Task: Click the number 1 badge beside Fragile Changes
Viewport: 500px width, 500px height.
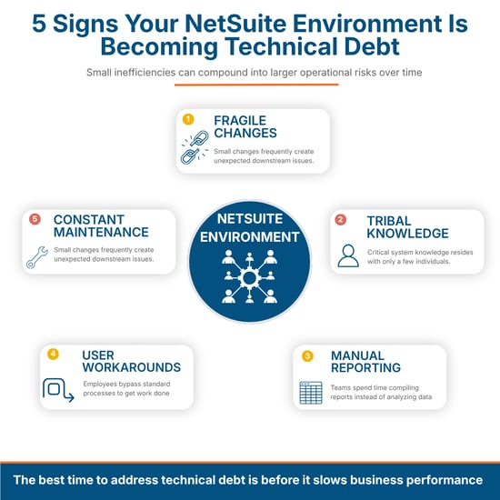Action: [188, 119]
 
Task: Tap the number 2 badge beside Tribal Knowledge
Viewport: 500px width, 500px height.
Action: [340, 219]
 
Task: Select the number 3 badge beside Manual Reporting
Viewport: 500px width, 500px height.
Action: [307, 355]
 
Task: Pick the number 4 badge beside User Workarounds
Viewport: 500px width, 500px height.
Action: [53, 354]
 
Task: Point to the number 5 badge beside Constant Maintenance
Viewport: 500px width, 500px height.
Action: [35, 219]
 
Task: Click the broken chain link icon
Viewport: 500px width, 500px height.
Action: [195, 147]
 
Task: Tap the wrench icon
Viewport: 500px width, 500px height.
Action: [37, 257]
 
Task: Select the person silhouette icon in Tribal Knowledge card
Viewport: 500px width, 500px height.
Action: [348, 255]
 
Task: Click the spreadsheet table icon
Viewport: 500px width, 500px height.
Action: [311, 393]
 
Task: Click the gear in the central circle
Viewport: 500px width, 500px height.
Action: [249, 278]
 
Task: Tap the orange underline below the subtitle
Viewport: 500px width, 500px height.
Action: [256, 85]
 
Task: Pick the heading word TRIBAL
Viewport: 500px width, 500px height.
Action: [389, 221]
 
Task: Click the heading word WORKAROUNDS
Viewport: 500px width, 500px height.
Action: [132, 367]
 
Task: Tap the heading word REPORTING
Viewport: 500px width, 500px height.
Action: [365, 367]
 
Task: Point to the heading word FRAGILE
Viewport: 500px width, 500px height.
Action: [240, 121]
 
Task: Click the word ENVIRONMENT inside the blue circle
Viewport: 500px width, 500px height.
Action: [249, 237]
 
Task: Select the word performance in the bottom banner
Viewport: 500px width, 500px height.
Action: [445, 480]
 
